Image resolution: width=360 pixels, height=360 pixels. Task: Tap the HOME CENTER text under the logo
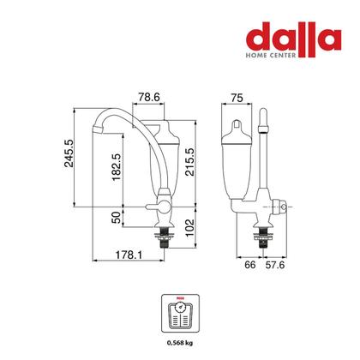(271, 55)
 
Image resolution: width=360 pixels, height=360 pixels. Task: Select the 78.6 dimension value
(149, 98)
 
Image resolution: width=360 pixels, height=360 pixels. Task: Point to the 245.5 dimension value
(69, 153)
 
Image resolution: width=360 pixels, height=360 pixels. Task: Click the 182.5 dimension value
(117, 167)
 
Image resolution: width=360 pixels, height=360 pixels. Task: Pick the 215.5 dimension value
(189, 162)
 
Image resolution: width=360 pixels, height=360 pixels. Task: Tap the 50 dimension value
(117, 218)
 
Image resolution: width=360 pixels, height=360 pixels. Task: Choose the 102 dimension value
(189, 228)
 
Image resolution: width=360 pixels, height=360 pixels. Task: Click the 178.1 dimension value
(129, 255)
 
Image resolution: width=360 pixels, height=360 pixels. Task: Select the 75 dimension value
(237, 98)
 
